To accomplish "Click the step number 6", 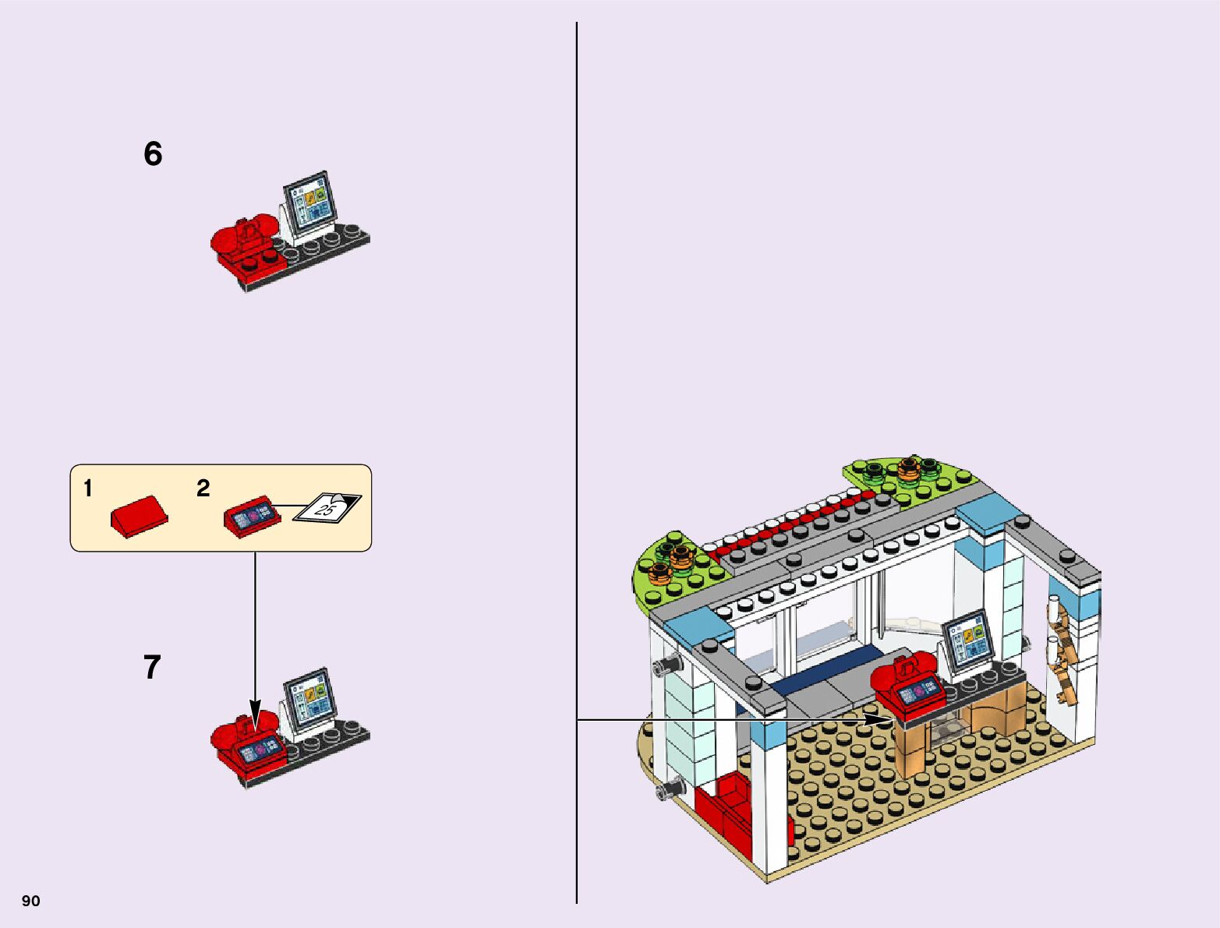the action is click(x=153, y=153).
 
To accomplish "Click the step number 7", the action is click(x=152, y=668).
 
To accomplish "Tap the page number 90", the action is click(x=30, y=901).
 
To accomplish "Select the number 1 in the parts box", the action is click(x=88, y=489).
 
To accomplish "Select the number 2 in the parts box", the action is click(x=203, y=489).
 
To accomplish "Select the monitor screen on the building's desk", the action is click(x=969, y=639).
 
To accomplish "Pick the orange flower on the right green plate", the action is click(x=910, y=468).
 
